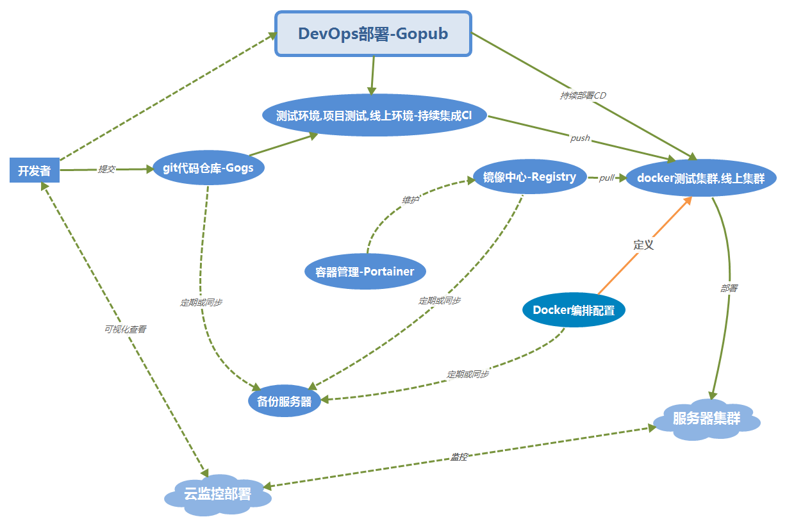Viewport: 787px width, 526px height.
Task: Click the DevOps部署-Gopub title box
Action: [373, 34]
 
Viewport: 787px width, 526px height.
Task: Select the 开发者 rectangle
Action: [35, 171]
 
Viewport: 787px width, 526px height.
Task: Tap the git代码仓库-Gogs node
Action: [209, 169]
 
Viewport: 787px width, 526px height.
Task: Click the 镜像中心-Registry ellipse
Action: [529, 177]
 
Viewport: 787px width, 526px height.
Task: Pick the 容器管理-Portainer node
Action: [365, 272]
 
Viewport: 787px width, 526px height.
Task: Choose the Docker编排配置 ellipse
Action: [574, 311]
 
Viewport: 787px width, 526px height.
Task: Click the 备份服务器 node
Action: [284, 402]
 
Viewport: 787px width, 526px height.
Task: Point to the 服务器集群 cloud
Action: [706, 420]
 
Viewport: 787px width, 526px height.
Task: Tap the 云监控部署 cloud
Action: [217, 495]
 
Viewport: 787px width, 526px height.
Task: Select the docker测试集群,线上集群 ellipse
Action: [701, 179]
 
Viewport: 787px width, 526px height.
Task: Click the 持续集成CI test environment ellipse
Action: [374, 116]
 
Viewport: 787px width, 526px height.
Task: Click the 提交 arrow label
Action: [106, 170]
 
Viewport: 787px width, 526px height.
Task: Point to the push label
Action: [580, 138]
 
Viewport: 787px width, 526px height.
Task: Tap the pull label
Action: [606, 178]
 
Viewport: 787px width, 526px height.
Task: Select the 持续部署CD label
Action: [583, 95]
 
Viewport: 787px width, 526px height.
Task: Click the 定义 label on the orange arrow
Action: [643, 245]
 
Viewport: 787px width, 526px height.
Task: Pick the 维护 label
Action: [410, 201]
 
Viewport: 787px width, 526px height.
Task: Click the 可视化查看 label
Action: [125, 329]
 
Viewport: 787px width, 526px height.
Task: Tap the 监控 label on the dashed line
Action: [459, 457]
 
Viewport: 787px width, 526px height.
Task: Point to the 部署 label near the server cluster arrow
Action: [729, 288]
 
